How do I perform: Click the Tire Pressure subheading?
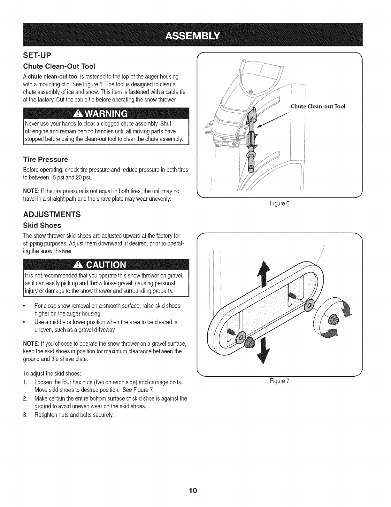pos(45,159)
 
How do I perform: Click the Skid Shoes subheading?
pos(42,225)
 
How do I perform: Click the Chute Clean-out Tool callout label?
pos(318,107)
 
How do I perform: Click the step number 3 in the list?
pos(25,415)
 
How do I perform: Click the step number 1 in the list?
pos(25,382)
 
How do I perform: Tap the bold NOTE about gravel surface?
pos(31,344)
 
